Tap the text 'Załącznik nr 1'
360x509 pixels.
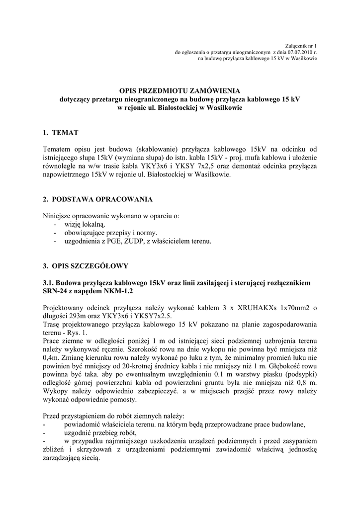[x=303, y=45]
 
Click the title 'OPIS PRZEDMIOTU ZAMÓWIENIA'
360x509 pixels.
[x=180, y=90]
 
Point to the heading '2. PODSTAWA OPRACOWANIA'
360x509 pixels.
[x=98, y=199]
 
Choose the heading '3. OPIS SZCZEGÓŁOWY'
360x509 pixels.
[x=86, y=265]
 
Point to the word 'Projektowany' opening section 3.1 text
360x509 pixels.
[x=65, y=308]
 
